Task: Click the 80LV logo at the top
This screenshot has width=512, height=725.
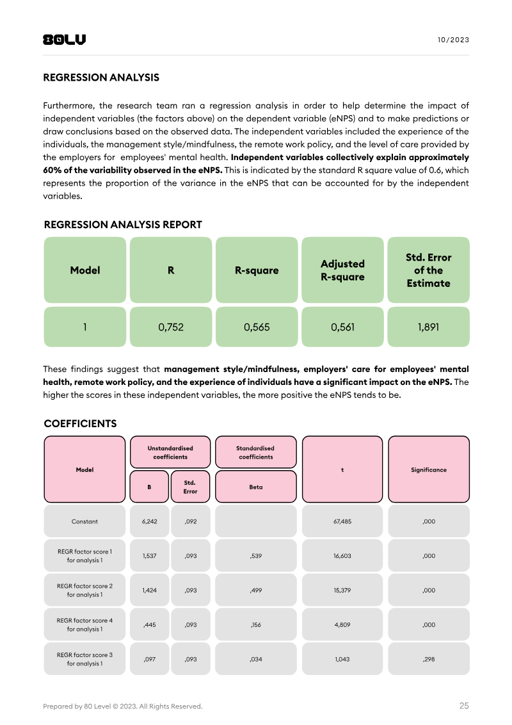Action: point(64,40)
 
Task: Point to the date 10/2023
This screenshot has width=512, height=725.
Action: point(453,40)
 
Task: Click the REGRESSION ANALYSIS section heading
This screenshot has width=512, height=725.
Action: point(101,77)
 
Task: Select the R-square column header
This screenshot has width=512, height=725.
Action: point(257,270)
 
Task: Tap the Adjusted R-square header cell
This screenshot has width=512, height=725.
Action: point(342,270)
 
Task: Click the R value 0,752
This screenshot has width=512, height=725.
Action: point(171,327)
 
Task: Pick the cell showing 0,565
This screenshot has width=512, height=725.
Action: point(257,327)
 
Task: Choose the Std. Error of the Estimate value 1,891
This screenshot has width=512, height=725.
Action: point(428,327)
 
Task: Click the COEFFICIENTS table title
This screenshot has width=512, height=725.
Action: point(80,424)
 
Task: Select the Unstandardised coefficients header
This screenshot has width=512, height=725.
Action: point(170,452)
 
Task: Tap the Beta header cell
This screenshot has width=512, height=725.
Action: point(256,487)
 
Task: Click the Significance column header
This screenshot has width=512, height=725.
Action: point(429,469)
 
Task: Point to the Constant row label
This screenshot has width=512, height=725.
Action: point(84,521)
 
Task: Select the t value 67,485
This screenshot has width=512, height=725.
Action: point(342,521)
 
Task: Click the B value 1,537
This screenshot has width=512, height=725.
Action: point(149,556)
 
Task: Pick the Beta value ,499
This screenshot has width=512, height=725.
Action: point(256,591)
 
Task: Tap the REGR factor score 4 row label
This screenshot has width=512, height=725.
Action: point(84,624)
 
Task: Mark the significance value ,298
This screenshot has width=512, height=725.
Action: point(429,659)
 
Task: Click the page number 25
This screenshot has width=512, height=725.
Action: point(464,706)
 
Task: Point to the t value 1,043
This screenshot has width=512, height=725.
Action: point(342,659)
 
